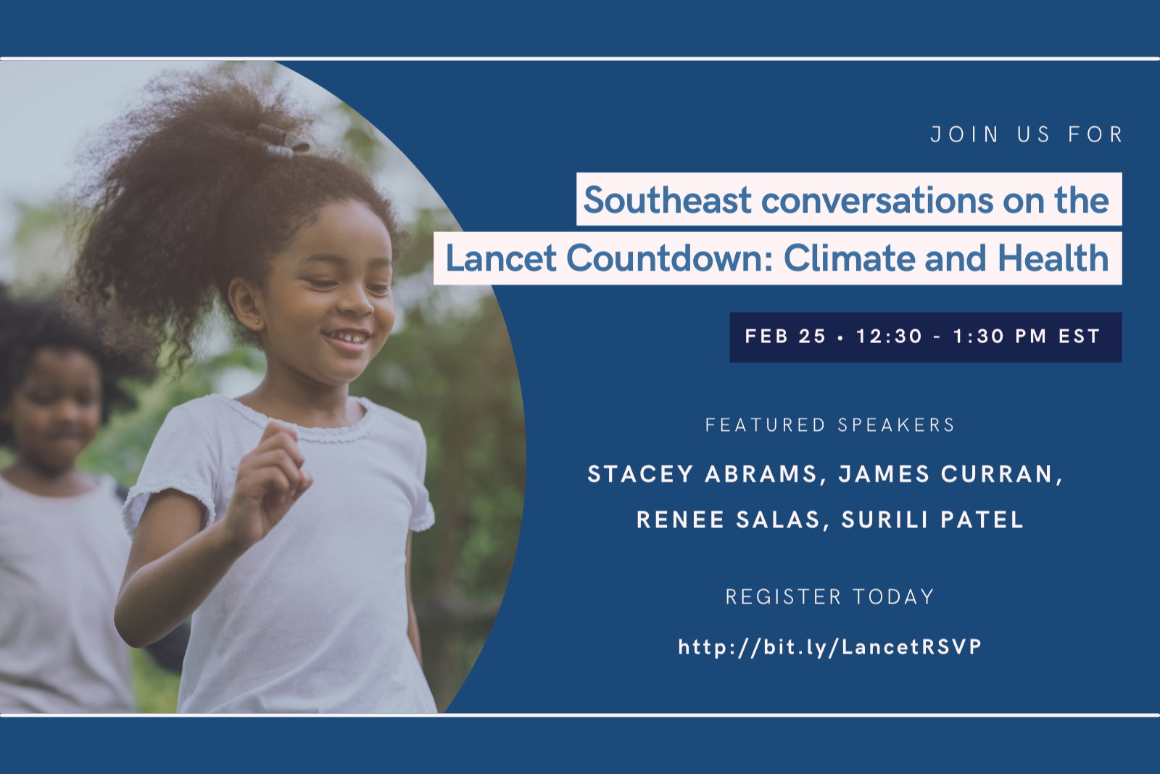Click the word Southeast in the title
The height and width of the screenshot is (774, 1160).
point(668,200)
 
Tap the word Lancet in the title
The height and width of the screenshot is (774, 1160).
point(501,258)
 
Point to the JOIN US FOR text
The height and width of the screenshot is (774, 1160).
point(1027,135)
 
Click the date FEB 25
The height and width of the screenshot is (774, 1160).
point(785,337)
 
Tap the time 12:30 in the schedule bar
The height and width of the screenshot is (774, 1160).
point(890,337)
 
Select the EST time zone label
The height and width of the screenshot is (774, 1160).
point(1079,337)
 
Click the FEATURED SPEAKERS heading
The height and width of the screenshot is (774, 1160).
point(829,425)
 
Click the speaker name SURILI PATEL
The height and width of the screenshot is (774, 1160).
point(932,519)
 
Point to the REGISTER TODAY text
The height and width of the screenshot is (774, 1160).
point(829,597)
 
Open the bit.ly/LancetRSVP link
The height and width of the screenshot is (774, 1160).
point(830,647)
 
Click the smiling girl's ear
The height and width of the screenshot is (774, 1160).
point(246,305)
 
